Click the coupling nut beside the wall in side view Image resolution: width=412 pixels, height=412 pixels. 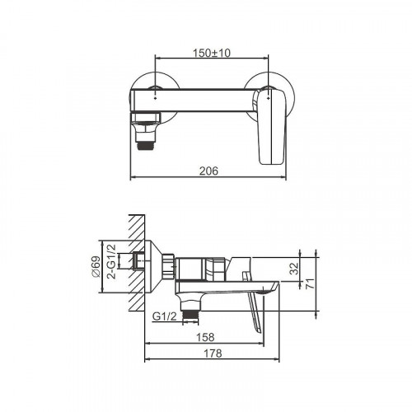pyautogui.click(x=169, y=264)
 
